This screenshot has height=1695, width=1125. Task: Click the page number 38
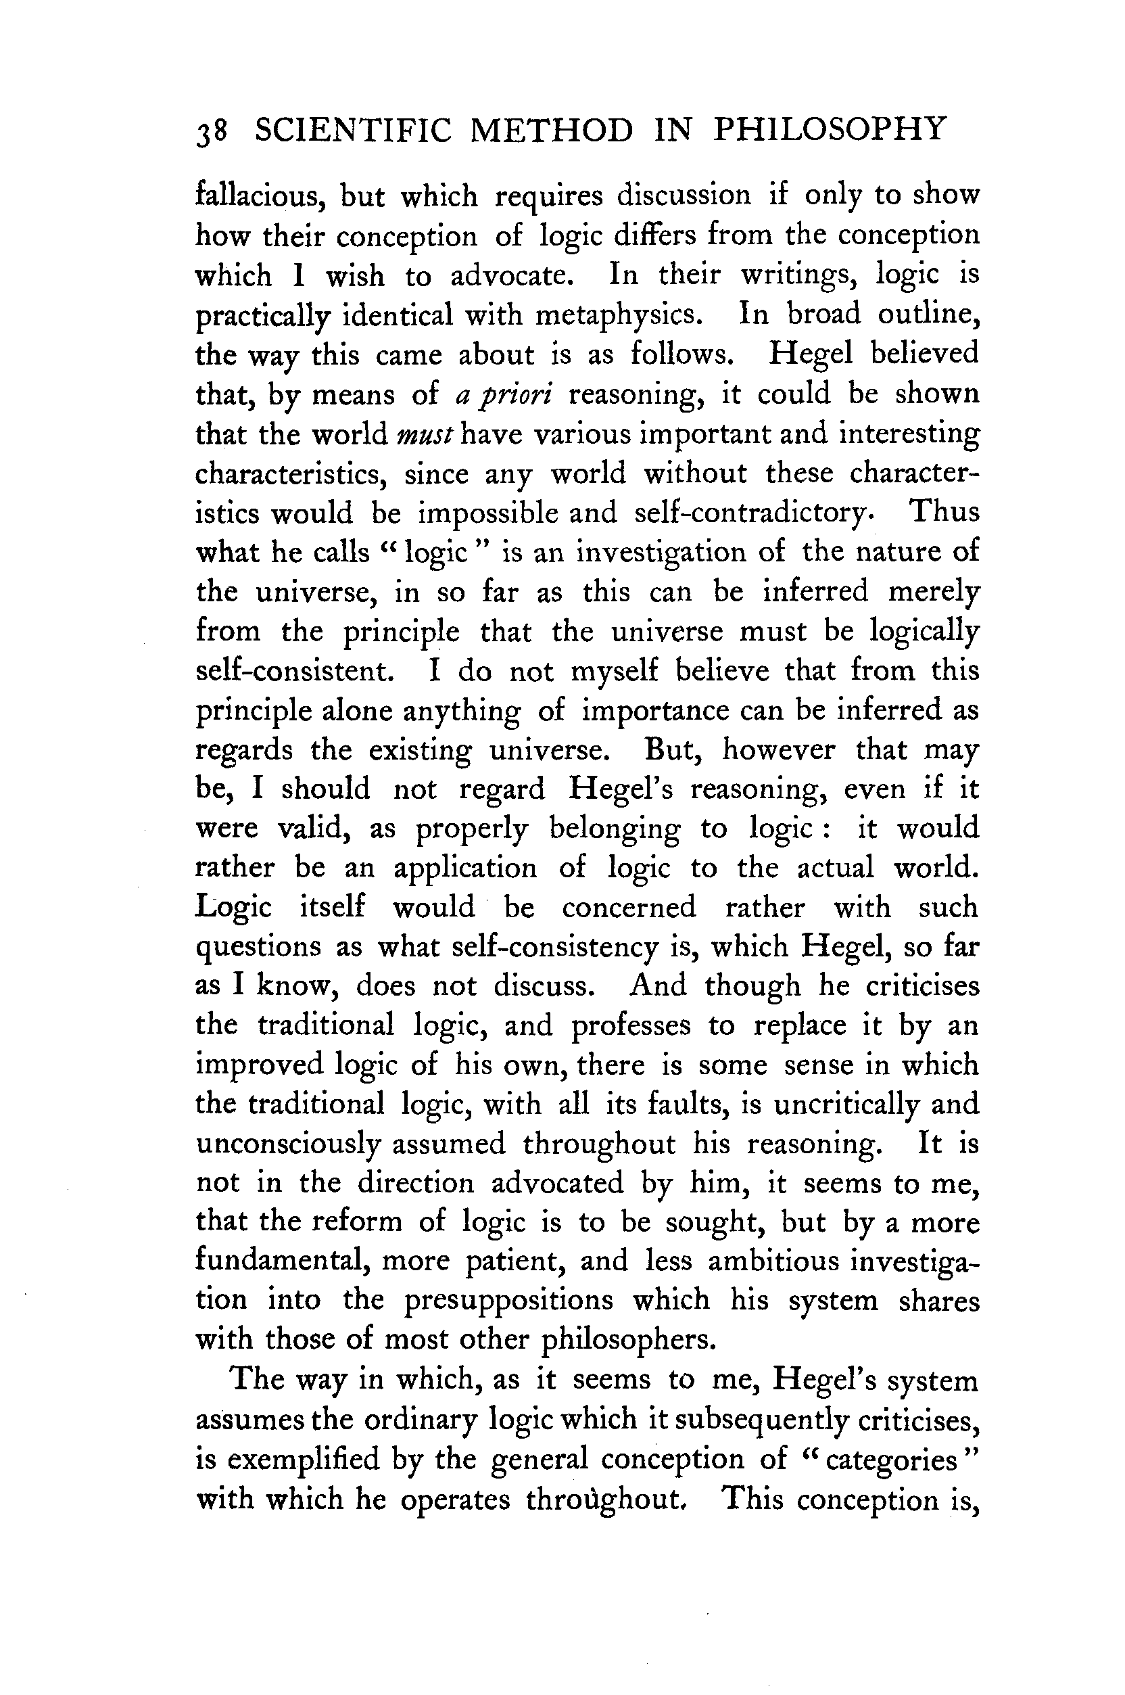(212, 132)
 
